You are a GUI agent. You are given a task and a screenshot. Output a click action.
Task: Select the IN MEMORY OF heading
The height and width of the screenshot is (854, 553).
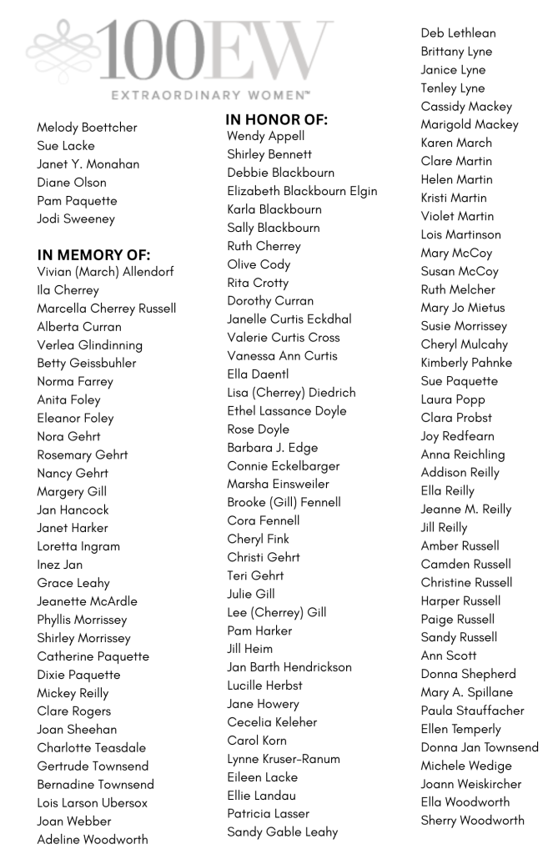pos(93,255)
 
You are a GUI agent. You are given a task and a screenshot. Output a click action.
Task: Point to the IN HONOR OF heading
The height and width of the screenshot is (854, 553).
pos(277,120)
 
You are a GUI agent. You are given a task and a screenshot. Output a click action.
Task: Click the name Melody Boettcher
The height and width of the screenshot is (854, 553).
pos(87,128)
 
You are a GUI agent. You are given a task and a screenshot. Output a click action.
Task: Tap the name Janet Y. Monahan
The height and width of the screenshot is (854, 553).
pos(88,164)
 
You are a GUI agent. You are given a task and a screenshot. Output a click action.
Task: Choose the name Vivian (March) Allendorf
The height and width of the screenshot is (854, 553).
pos(105,272)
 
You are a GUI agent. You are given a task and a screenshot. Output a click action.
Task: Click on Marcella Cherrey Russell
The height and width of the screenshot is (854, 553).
pos(106,309)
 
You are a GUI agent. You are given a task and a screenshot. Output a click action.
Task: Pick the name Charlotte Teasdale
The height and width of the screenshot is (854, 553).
pos(91,748)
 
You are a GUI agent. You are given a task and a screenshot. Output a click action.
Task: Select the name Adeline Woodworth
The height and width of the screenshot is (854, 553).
pos(92,840)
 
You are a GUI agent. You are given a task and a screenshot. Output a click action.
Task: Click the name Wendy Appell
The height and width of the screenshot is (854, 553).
pos(265,136)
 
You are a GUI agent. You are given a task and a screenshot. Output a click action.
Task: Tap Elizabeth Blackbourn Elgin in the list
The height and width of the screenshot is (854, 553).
pos(302,191)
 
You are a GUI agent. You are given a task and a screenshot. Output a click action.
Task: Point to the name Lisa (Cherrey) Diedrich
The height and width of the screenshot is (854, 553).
pos(291,393)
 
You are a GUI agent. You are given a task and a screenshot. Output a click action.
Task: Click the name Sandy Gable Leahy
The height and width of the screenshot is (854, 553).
pos(283,832)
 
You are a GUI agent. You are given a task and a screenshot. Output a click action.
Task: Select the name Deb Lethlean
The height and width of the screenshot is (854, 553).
pos(458,33)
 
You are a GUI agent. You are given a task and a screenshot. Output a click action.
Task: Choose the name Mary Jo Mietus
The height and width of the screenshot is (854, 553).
pos(462,308)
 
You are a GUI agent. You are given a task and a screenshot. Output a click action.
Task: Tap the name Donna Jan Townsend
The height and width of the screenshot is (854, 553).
pos(480,747)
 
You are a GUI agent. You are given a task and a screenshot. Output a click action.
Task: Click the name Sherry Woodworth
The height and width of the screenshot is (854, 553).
pos(472,821)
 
